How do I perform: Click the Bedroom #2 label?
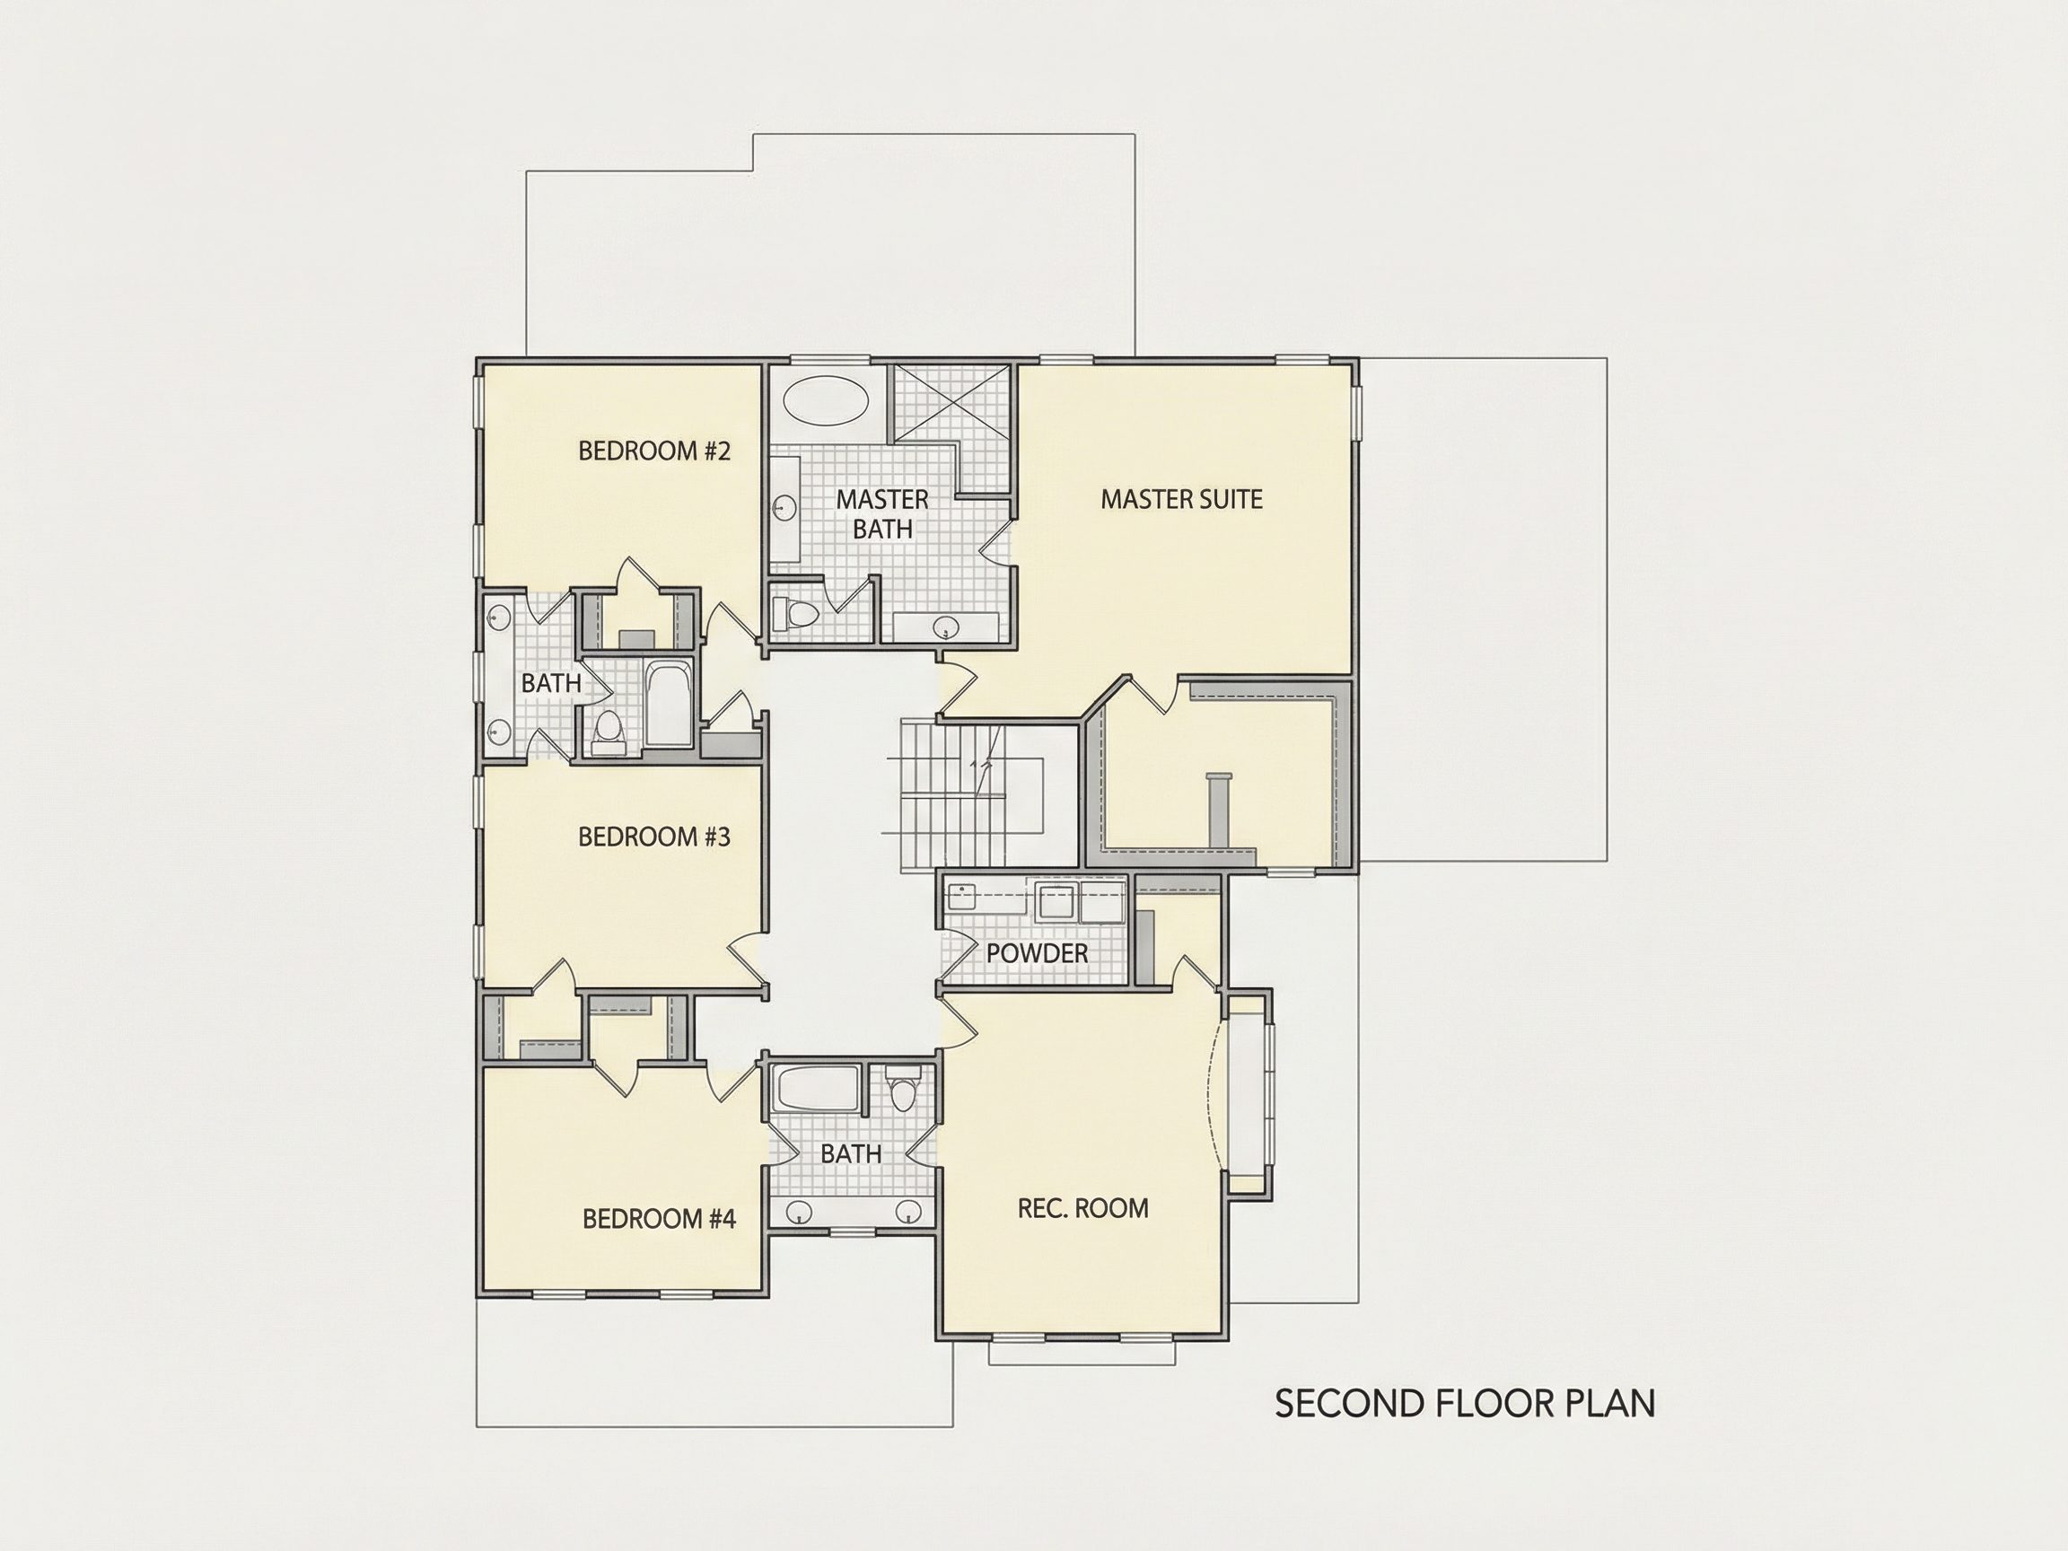(x=653, y=451)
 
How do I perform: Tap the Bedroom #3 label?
(x=653, y=837)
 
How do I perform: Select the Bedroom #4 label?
(x=659, y=1219)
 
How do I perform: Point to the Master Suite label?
(x=1181, y=499)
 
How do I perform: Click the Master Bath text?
(x=881, y=514)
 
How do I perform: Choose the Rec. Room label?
(x=1082, y=1209)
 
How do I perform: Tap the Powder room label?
(x=1037, y=953)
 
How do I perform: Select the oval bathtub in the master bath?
(x=825, y=401)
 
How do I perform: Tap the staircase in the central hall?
(x=972, y=796)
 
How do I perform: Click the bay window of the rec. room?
(x=1249, y=1094)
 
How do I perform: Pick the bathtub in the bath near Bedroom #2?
(x=670, y=704)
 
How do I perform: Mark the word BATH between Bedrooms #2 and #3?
(x=550, y=683)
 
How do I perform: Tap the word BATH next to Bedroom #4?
(x=851, y=1154)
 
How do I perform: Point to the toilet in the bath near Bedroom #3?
(x=609, y=732)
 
